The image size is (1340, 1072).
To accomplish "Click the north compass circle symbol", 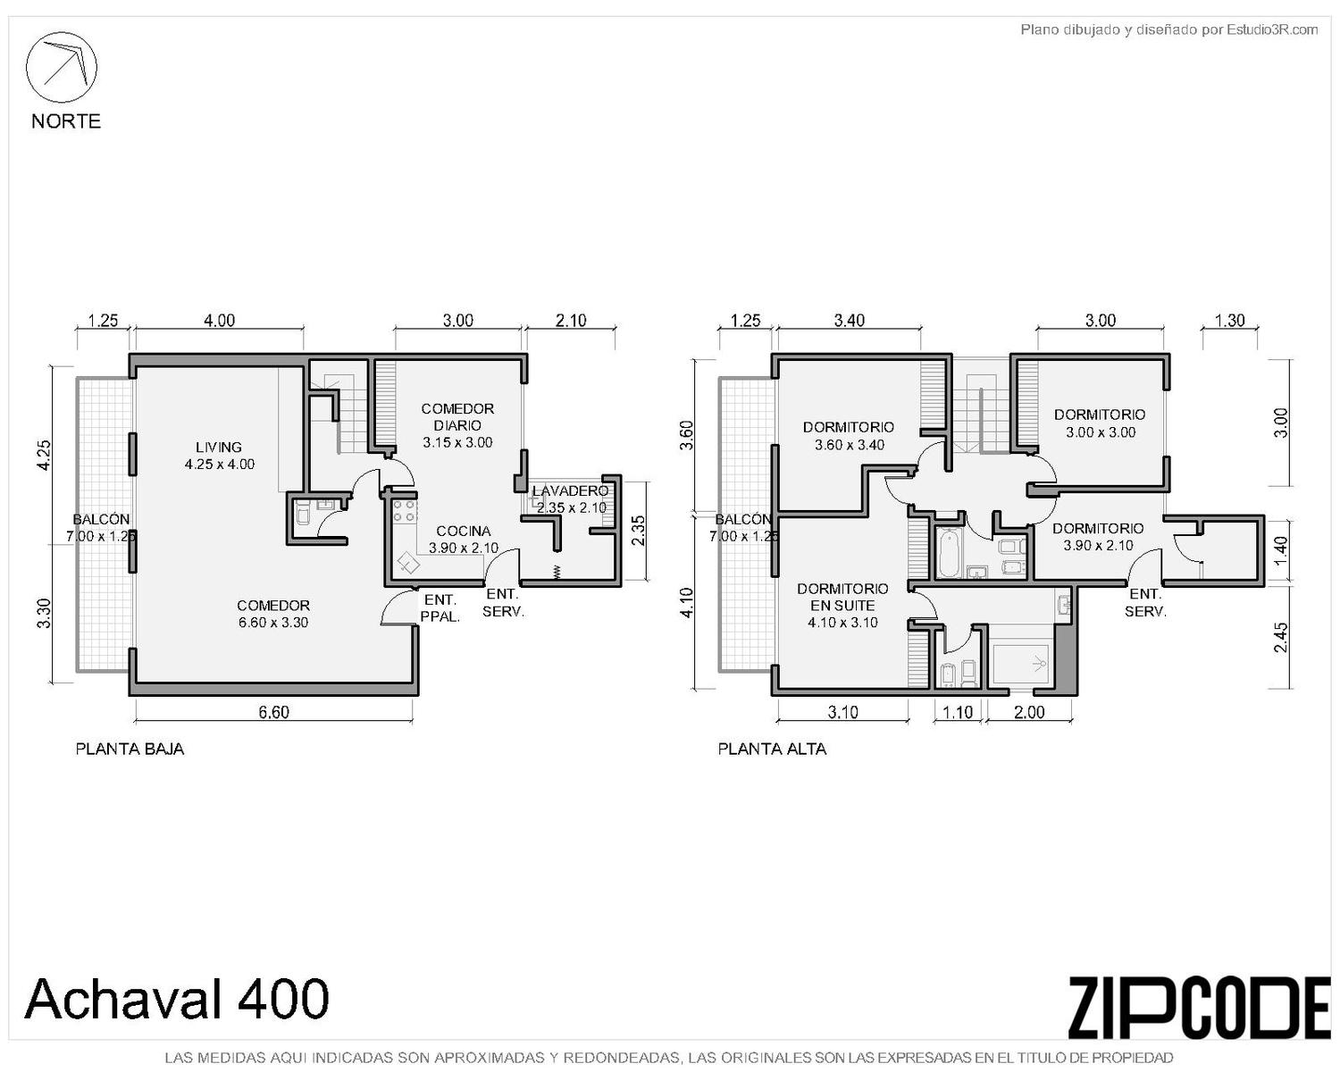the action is (x=61, y=68).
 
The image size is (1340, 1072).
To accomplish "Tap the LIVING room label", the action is (x=219, y=456).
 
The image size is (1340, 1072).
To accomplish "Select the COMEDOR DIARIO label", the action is (x=457, y=425).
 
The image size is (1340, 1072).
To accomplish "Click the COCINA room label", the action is (x=464, y=540).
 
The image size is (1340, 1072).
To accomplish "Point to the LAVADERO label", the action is (x=570, y=499).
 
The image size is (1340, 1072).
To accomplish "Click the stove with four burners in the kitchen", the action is (x=404, y=511).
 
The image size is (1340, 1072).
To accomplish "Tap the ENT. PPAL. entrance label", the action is (x=440, y=608).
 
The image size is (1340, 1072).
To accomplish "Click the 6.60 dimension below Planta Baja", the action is (x=274, y=712).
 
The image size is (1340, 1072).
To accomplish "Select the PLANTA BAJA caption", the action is (x=130, y=749).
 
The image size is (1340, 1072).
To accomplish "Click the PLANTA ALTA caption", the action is (x=772, y=749).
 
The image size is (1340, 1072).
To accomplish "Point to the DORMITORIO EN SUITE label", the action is (x=842, y=606).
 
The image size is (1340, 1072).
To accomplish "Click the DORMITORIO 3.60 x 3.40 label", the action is (x=849, y=436).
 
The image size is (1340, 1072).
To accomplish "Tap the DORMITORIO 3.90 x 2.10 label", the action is (x=1098, y=537).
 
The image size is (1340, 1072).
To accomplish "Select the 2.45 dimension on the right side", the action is (x=1281, y=637).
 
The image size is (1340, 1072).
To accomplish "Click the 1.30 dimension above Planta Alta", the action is (x=1230, y=320).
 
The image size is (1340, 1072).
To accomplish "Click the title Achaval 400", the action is (x=176, y=999).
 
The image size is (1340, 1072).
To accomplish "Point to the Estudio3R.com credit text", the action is (x=1168, y=29).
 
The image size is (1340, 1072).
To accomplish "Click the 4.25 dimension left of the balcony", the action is (x=44, y=456).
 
